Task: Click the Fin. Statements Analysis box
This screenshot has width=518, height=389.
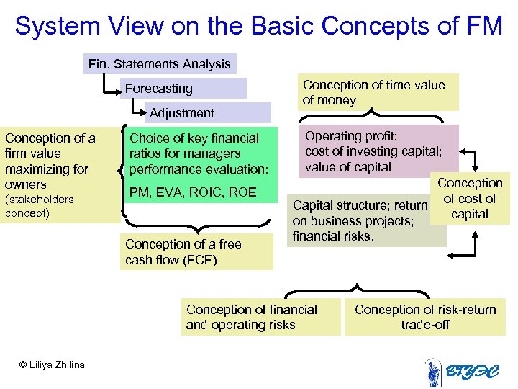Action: (x=160, y=64)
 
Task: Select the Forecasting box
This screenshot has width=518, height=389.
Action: (x=183, y=89)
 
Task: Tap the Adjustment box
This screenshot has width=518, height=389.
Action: (x=209, y=113)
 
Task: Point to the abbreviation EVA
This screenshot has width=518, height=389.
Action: (x=178, y=193)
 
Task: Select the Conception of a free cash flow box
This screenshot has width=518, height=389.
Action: (x=196, y=252)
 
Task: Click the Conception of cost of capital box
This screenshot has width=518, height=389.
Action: (x=470, y=199)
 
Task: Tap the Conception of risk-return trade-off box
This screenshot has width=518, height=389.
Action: (x=425, y=318)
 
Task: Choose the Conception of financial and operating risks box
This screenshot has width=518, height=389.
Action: (x=260, y=318)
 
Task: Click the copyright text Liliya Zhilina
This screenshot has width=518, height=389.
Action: (x=52, y=365)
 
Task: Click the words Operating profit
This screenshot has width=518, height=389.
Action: (x=342, y=136)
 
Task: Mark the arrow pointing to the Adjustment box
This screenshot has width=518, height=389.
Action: (x=139, y=112)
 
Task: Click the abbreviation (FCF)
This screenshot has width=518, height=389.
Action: (x=199, y=260)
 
